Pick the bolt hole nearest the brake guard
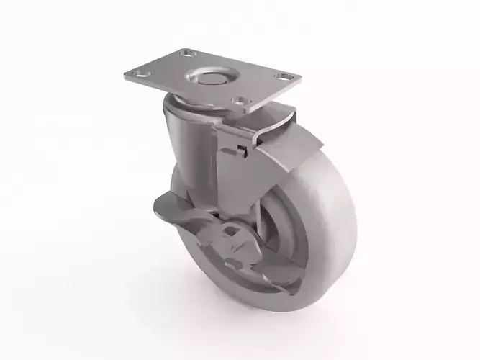coord(241,102)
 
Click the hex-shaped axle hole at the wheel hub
coord(233,233)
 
